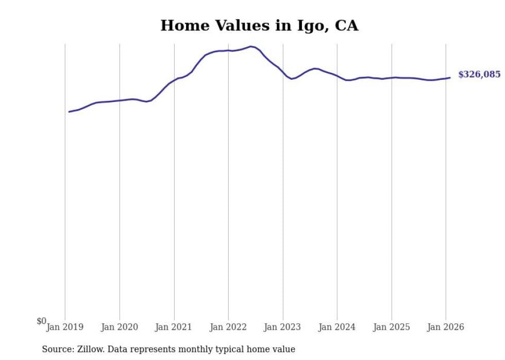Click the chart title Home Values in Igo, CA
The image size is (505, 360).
click(x=259, y=26)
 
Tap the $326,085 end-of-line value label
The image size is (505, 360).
click(x=479, y=75)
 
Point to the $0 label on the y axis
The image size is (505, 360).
click(x=41, y=321)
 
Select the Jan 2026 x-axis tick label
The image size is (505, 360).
click(x=446, y=327)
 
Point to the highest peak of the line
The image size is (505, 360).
click(x=251, y=46)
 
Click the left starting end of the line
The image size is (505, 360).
click(x=69, y=112)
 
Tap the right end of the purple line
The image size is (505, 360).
click(x=450, y=78)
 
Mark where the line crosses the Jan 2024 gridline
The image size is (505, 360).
click(x=337, y=76)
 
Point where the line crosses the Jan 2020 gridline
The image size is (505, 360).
click(x=120, y=100)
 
